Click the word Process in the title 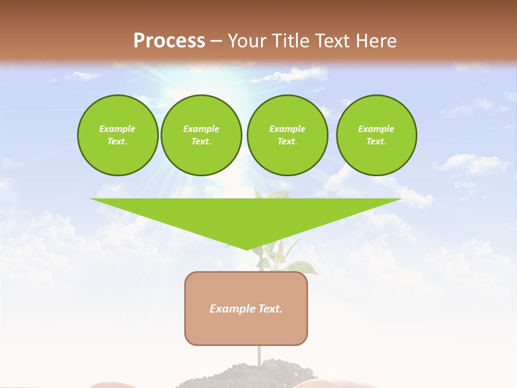click(169, 41)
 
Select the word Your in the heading click(247, 41)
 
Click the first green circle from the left click(117, 135)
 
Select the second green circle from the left click(201, 135)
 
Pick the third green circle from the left click(287, 135)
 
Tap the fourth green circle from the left click(376, 135)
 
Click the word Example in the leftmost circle click(117, 129)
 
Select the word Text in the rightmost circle click(376, 141)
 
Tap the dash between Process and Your click(216, 41)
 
